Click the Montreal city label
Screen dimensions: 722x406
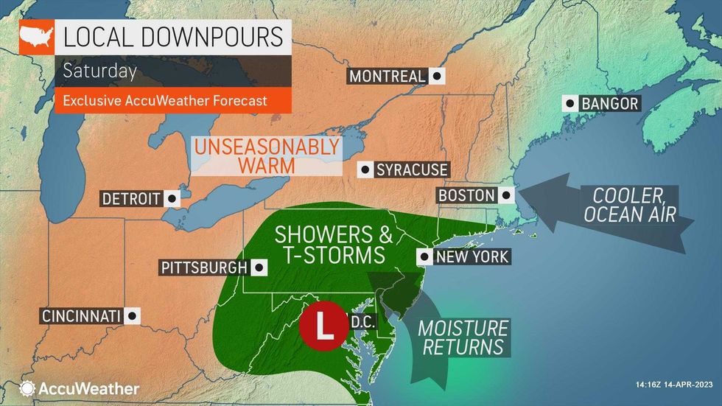tap(387, 77)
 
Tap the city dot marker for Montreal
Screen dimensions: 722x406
tap(437, 77)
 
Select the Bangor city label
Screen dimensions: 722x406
tap(609, 104)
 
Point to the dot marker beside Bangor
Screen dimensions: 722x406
tap(570, 104)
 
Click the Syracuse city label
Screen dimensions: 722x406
tap(412, 170)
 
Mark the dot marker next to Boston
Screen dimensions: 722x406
tap(506, 196)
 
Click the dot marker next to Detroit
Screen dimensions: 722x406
tap(172, 199)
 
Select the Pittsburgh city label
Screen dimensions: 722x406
tap(203, 267)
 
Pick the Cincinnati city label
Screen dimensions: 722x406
tap(80, 316)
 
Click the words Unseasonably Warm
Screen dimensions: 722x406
tap(267, 155)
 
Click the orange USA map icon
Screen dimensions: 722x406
tap(35, 36)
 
